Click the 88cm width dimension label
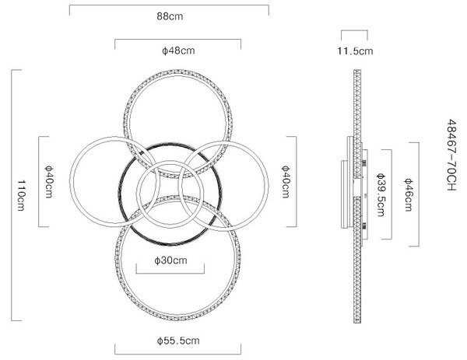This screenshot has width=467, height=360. [x=170, y=16]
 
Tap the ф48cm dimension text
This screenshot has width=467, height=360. [x=178, y=51]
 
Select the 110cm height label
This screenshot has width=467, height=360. [x=21, y=195]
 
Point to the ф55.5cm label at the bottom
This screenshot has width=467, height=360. [x=178, y=341]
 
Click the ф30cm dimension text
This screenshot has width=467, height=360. [x=170, y=260]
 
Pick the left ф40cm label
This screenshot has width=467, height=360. [x=48, y=181]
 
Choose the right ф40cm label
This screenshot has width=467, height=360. [x=286, y=181]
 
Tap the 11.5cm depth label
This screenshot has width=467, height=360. [x=355, y=51]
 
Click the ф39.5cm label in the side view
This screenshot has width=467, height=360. [x=381, y=195]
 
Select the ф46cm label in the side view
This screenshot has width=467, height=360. [x=408, y=195]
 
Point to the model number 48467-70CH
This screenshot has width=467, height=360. [x=451, y=155]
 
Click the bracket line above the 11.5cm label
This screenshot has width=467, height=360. [x=354, y=30]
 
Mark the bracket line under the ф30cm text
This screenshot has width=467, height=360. [x=170, y=273]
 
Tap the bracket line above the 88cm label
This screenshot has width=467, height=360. [x=169, y=5]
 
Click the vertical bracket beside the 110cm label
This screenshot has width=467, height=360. [x=12, y=195]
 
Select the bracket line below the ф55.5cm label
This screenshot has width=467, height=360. [x=177, y=354]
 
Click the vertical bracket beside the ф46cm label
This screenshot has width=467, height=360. [x=419, y=194]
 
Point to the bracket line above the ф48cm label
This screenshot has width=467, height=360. [x=177, y=40]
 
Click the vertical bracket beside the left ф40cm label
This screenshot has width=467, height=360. [x=39, y=181]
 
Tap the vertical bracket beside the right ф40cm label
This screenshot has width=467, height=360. [x=296, y=181]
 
